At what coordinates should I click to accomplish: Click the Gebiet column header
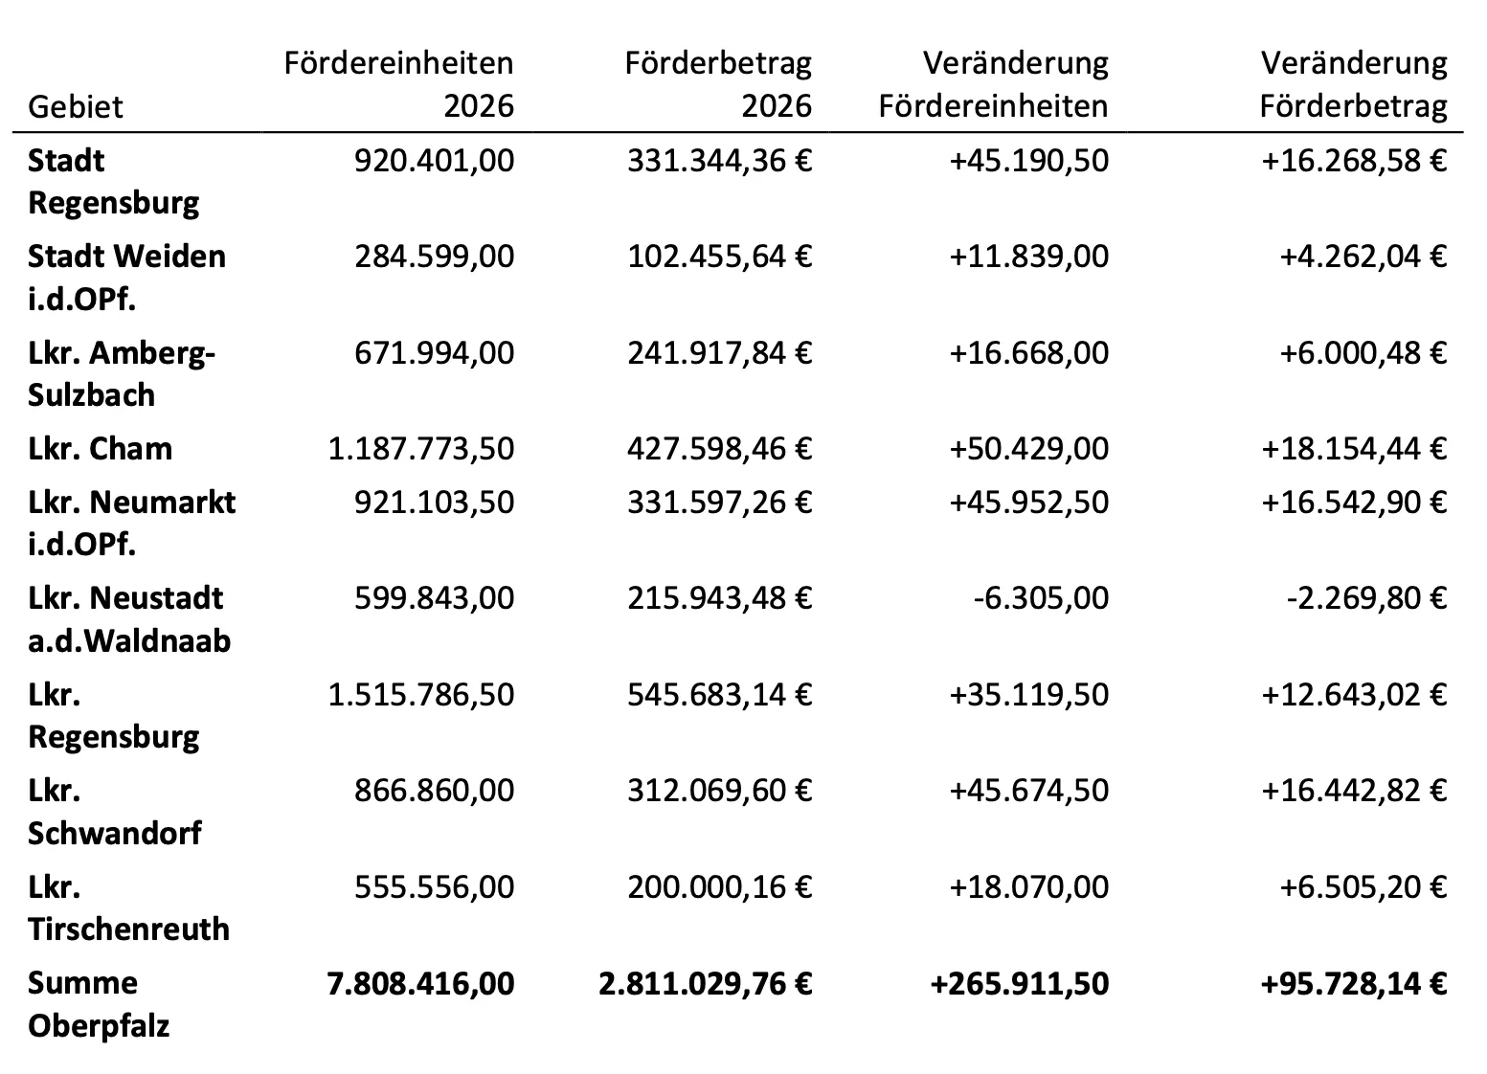point(76,106)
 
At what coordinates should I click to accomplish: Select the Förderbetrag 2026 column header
point(718,84)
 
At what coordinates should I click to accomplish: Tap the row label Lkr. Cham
point(101,449)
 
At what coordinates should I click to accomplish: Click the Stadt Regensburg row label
point(114,181)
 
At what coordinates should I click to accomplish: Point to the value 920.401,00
point(434,161)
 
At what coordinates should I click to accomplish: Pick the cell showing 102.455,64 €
point(720,257)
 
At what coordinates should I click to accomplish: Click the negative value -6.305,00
point(1041,598)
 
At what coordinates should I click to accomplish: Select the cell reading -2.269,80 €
point(1367,598)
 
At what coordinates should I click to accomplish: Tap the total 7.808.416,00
point(421,983)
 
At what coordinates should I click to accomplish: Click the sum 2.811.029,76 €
point(706,983)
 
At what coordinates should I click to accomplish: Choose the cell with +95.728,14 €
point(1354,983)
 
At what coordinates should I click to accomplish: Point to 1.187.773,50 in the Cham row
point(421,449)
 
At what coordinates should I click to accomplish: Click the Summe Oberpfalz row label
point(99,1004)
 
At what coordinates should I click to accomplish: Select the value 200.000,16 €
point(720,886)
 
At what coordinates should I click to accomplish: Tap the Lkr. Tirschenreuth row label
point(129,908)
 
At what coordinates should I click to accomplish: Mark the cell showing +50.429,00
point(1029,449)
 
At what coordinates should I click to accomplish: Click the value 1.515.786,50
point(421,694)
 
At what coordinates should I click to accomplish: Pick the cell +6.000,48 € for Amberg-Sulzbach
point(1363,352)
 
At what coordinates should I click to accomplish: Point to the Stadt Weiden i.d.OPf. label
point(126,278)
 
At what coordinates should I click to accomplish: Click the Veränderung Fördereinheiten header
point(994,84)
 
